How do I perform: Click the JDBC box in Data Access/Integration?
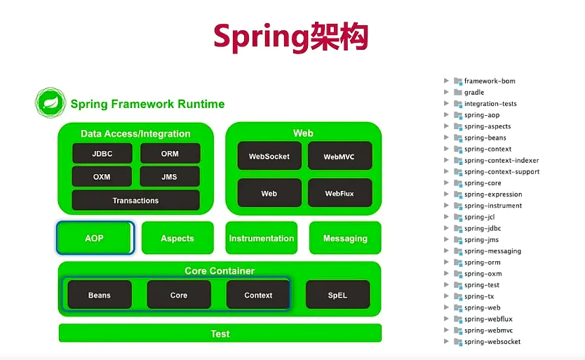coord(102,154)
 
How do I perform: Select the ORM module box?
coord(170,154)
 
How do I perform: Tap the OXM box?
coord(102,177)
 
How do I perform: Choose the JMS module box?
coord(170,177)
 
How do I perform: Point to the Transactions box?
coord(135,201)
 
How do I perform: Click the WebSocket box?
coord(269,156)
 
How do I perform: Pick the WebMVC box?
coord(339,156)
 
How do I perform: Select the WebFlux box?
coord(339,193)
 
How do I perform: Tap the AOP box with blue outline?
coord(95,238)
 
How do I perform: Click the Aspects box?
coord(177,239)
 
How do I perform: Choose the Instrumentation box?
coord(261,239)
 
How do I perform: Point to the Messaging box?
coord(345,239)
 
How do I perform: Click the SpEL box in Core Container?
coord(337,295)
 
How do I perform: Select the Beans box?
coord(100,295)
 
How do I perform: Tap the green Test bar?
coord(220,333)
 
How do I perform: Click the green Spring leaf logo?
coord(51,102)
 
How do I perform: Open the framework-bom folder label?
coord(490,81)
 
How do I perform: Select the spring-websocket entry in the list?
coord(492,342)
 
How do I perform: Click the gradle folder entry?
coord(474,92)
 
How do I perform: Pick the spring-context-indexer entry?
coord(502,160)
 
